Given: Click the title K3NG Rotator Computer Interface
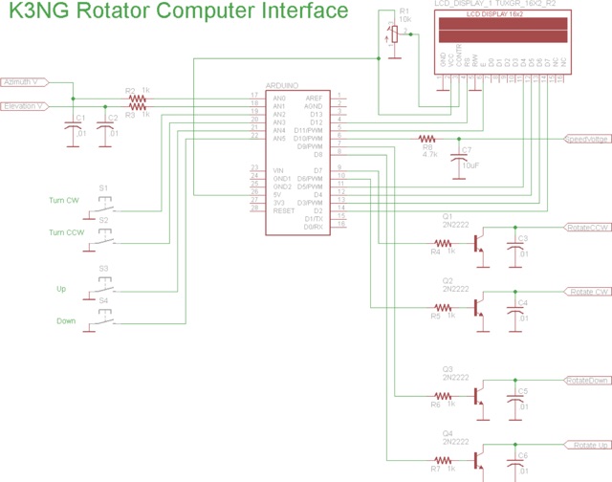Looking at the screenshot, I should [179, 12].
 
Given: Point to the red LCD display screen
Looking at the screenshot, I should [503, 33].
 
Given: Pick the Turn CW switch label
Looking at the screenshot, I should [64, 200].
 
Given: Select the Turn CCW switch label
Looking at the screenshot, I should [67, 233].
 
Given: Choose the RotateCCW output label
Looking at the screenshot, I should [587, 227].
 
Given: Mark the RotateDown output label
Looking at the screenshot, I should [587, 380].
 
